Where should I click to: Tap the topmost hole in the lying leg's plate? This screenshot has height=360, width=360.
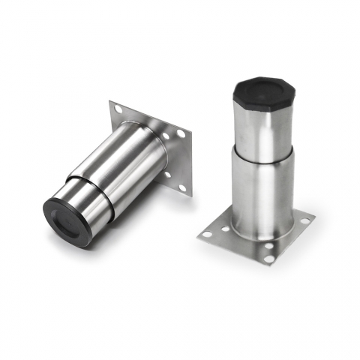[118, 110]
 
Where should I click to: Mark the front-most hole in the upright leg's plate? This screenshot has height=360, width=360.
[268, 259]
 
